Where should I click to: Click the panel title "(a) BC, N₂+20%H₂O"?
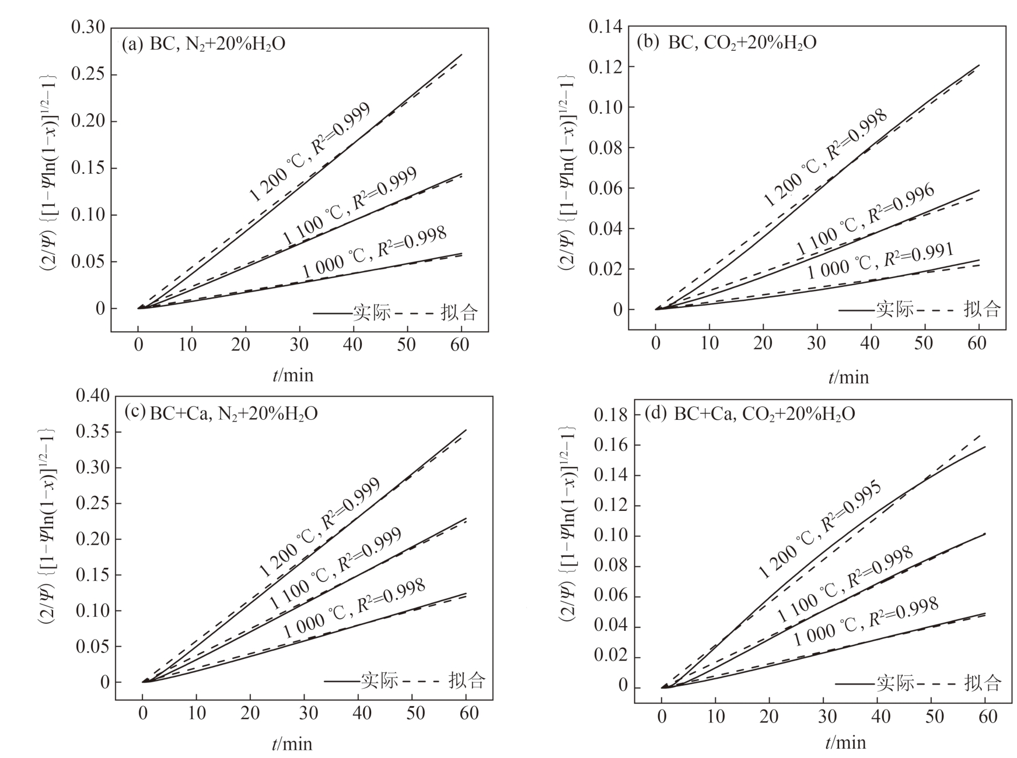click(x=203, y=44)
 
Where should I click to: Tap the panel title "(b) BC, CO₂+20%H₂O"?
click(x=726, y=42)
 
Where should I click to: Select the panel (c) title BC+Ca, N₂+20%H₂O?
click(x=221, y=413)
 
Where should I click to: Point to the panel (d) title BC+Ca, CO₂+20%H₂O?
click(x=750, y=413)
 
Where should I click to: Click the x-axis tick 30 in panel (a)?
click(x=299, y=345)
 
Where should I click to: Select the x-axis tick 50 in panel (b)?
click(x=924, y=343)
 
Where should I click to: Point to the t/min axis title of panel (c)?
click(x=292, y=744)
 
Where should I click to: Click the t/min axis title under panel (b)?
click(x=848, y=377)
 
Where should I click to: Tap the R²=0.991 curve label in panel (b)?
click(x=918, y=255)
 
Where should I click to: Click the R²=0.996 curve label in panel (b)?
click(x=901, y=205)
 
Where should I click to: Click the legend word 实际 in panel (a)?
click(x=372, y=313)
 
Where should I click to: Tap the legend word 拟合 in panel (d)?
click(x=983, y=682)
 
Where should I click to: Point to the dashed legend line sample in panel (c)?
click(x=422, y=681)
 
